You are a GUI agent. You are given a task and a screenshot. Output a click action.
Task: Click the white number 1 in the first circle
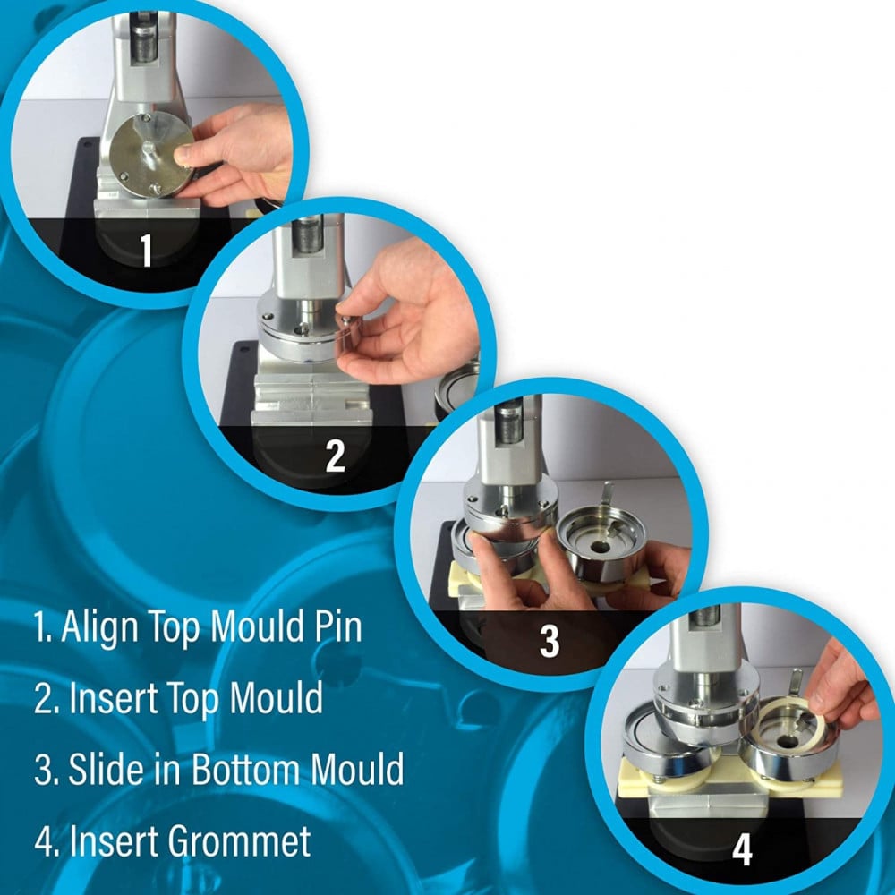(147, 250)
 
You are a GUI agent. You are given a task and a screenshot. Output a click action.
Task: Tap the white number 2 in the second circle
(335, 455)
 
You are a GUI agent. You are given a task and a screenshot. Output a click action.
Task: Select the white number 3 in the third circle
(550, 641)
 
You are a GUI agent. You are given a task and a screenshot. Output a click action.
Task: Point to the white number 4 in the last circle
(742, 849)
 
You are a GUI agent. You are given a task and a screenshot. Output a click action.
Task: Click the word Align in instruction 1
(99, 626)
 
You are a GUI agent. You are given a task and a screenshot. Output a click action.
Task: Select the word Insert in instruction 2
(112, 698)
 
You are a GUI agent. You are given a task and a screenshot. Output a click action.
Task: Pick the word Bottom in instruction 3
(247, 769)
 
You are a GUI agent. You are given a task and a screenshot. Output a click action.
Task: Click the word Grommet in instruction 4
(240, 840)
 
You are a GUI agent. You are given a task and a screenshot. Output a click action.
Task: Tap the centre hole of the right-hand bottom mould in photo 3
(601, 547)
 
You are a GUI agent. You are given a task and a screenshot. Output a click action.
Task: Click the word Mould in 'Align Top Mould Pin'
(255, 626)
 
